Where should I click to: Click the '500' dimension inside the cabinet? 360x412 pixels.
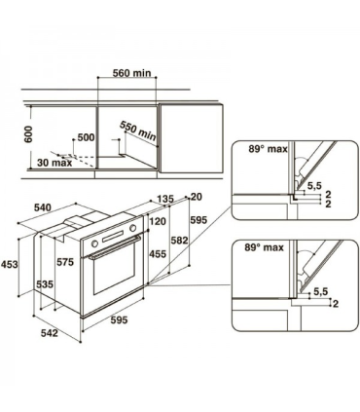point(85,138)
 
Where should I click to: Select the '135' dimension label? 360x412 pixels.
point(164,200)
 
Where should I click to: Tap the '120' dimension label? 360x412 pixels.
point(158,223)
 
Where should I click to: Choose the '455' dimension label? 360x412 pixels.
point(156,254)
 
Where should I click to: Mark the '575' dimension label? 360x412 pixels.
point(65,263)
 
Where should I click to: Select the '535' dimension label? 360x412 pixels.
point(45,284)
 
